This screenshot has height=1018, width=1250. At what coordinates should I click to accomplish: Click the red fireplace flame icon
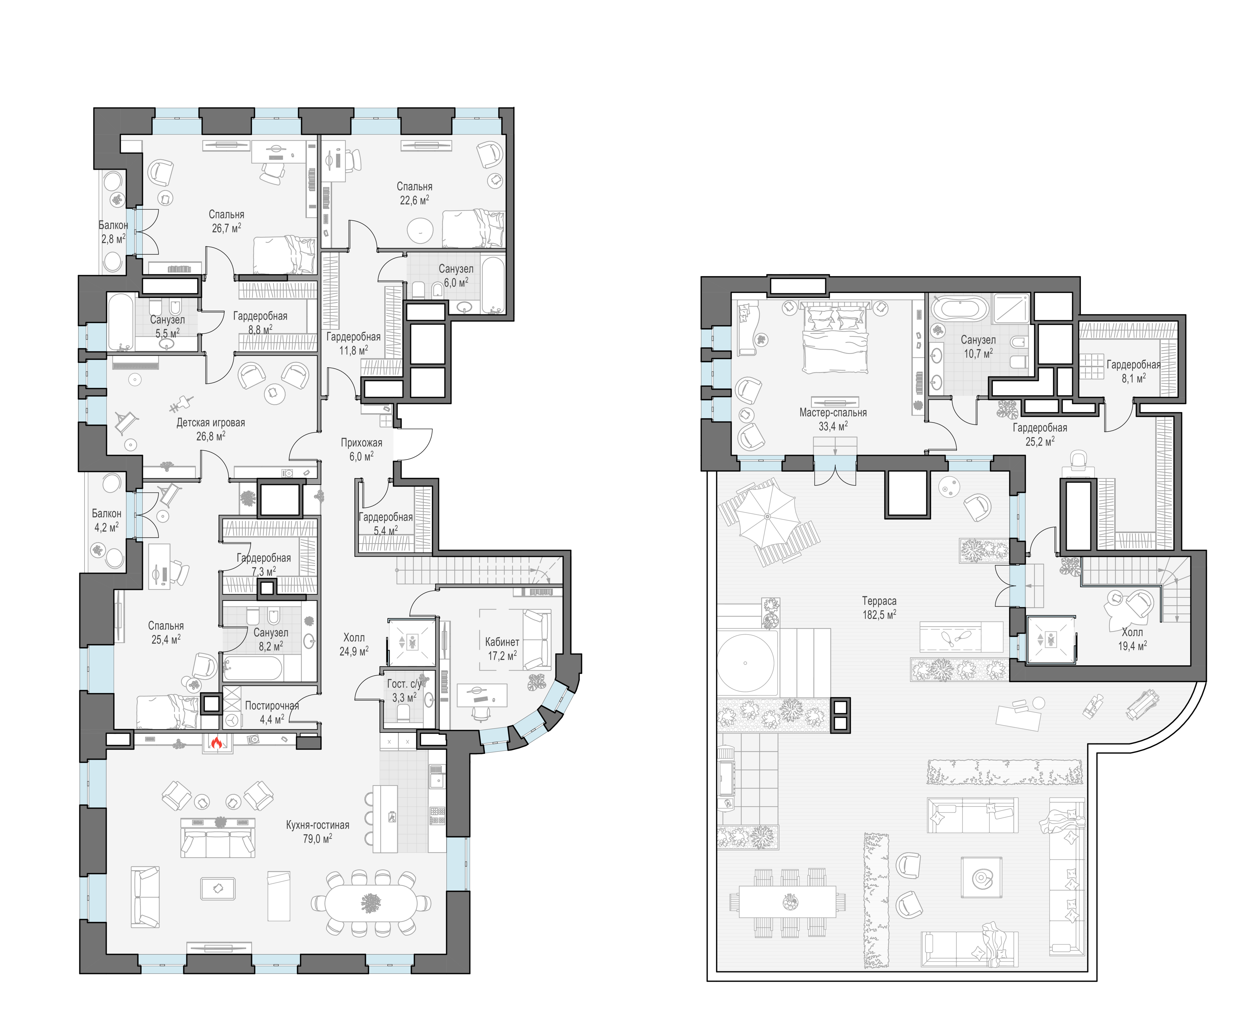point(217,743)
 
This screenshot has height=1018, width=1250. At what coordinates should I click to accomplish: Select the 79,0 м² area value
point(317,839)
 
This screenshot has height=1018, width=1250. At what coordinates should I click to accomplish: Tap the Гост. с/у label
point(404,684)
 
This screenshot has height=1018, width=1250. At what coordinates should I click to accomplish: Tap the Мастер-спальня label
point(833,412)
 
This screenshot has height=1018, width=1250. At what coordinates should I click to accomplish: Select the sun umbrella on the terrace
point(767,516)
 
